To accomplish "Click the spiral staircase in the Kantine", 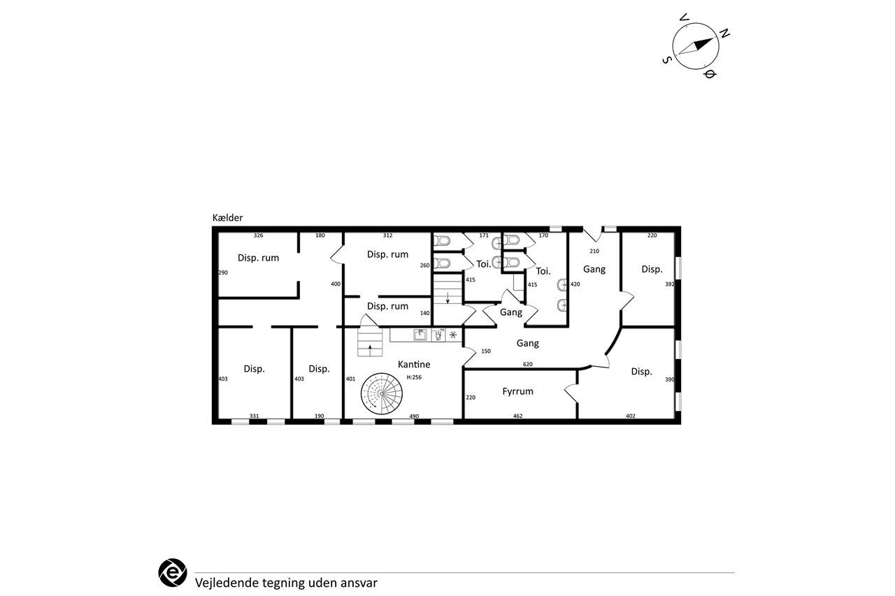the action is pyautogui.click(x=382, y=393).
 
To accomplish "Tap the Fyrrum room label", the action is pyautogui.click(x=518, y=391).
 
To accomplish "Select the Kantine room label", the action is pyautogui.click(x=414, y=364).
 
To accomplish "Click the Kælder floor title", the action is pyautogui.click(x=227, y=217).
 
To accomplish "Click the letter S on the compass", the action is pyautogui.click(x=666, y=60).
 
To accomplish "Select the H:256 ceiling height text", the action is pyautogui.click(x=414, y=377).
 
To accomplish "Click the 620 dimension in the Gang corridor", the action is pyautogui.click(x=528, y=364).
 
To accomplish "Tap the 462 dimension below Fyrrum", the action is pyautogui.click(x=518, y=416).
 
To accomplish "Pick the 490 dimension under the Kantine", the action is pyautogui.click(x=414, y=416).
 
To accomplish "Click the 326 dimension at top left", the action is pyautogui.click(x=259, y=235).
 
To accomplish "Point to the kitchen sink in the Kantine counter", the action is pyautogui.click(x=420, y=335).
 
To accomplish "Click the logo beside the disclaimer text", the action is pyautogui.click(x=173, y=572).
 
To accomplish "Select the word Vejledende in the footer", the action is pyautogui.click(x=227, y=583).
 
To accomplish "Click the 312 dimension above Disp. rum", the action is pyautogui.click(x=387, y=235).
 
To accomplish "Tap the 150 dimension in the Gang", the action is pyautogui.click(x=486, y=351).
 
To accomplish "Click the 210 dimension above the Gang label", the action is pyautogui.click(x=594, y=251).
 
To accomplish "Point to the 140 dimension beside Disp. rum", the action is pyautogui.click(x=424, y=313).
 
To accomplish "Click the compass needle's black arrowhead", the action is pyautogui.click(x=703, y=43).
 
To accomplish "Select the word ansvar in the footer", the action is pyautogui.click(x=359, y=583).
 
